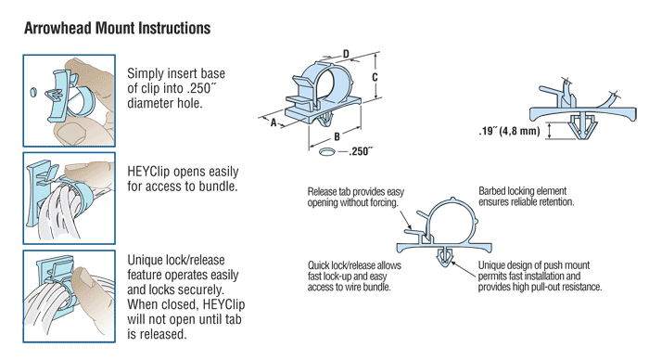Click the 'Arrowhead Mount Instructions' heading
[118, 28]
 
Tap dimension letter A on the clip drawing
[274, 121]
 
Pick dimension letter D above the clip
[345, 55]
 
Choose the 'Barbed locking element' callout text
[527, 195]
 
